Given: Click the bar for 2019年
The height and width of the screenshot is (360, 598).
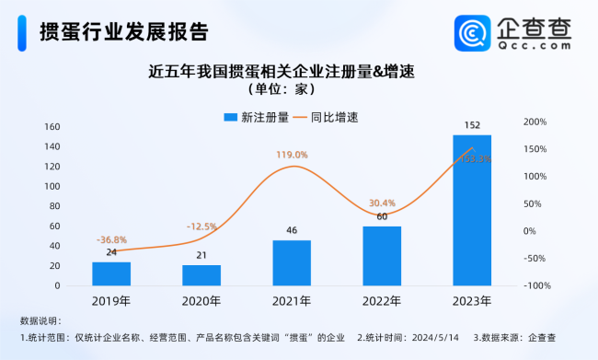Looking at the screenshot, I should (111, 273).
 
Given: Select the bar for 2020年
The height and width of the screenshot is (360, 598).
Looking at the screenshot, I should (201, 275).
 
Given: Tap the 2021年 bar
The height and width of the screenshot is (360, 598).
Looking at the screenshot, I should (292, 262).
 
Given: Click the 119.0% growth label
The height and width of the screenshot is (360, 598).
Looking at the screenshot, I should (292, 155).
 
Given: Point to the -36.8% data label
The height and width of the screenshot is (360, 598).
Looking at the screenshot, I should (111, 239).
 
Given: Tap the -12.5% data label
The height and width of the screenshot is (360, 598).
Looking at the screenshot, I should (201, 226).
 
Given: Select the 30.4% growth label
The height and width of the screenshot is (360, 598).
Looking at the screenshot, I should (382, 203).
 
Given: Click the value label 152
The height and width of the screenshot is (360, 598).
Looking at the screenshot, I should (472, 126).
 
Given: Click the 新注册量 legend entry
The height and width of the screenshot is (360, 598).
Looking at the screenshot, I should (257, 117).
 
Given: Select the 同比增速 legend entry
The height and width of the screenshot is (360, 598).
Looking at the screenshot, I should (324, 117).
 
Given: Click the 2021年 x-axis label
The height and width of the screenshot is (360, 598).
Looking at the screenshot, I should (292, 300).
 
